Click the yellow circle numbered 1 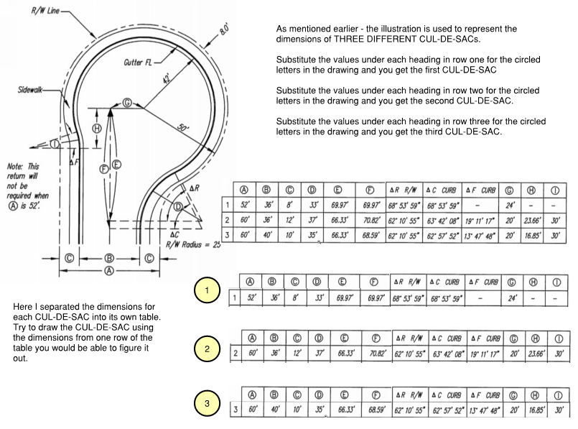tap(207, 291)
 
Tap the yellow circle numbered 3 tap(207, 404)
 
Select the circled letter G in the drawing tap(128, 103)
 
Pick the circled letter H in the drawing tap(99, 128)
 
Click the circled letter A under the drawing tap(108, 271)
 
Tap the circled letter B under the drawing tap(108, 257)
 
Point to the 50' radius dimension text tap(184, 127)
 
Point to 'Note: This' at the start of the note tap(24, 165)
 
